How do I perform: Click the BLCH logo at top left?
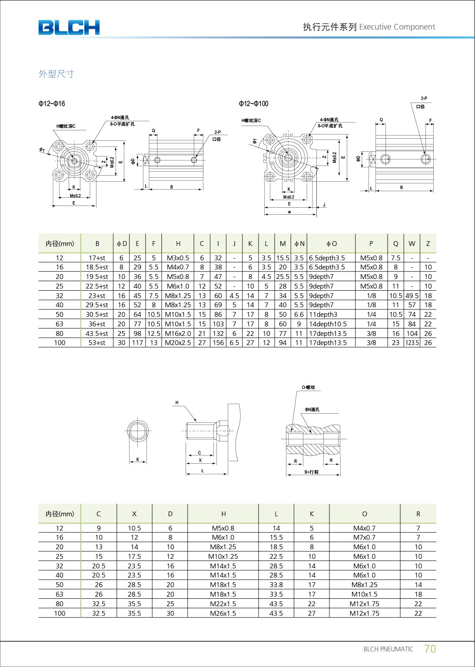click(x=69, y=27)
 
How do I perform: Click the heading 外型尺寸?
click(x=56, y=74)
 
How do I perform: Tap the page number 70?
click(x=429, y=649)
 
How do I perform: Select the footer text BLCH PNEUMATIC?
click(x=388, y=649)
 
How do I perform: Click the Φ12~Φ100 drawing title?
click(x=253, y=103)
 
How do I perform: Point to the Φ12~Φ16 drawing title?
click(x=52, y=103)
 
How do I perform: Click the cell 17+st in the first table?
click(x=97, y=258)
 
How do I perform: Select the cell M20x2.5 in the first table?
click(x=178, y=343)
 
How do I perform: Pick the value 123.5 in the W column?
click(x=412, y=343)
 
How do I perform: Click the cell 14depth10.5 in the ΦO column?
click(x=328, y=324)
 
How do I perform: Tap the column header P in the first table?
click(x=371, y=244)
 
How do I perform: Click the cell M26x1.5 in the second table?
click(x=223, y=614)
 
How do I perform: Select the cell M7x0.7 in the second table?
click(x=364, y=538)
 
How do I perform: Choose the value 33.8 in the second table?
click(x=276, y=585)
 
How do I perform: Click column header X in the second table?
click(x=134, y=514)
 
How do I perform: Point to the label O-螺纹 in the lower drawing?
click(x=309, y=387)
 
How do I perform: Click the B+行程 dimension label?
click(x=311, y=472)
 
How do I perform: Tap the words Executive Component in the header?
click(x=397, y=27)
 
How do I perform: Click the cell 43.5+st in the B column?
click(x=97, y=334)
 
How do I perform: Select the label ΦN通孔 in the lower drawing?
click(x=312, y=409)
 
